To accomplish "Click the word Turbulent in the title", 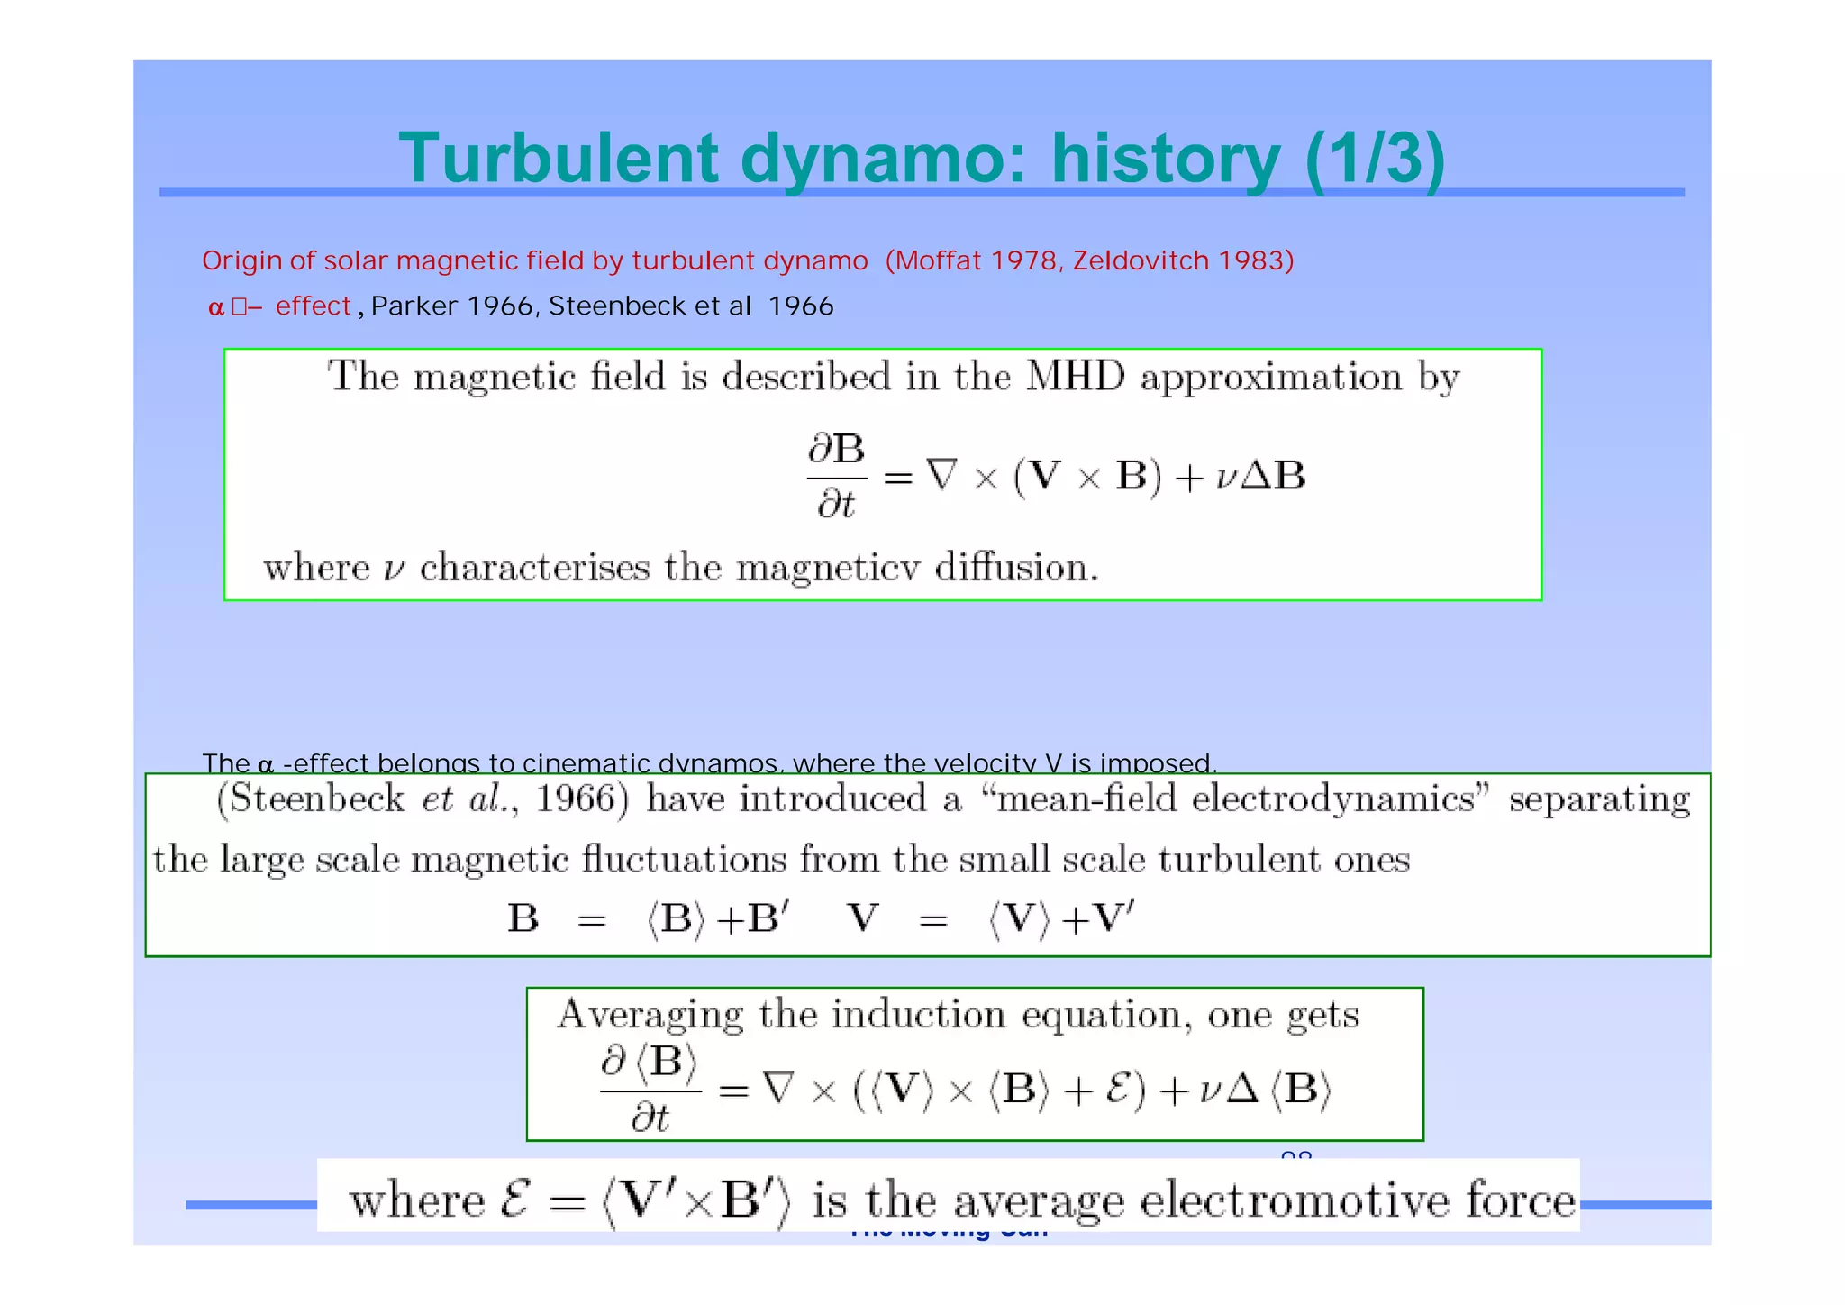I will (x=559, y=160).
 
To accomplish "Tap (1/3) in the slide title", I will (x=1374, y=160).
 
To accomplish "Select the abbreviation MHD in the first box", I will (x=1075, y=377).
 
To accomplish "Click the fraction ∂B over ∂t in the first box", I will (x=836, y=476).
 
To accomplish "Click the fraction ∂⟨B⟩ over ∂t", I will (x=650, y=1091).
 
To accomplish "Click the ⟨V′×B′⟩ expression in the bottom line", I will (x=696, y=1202).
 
